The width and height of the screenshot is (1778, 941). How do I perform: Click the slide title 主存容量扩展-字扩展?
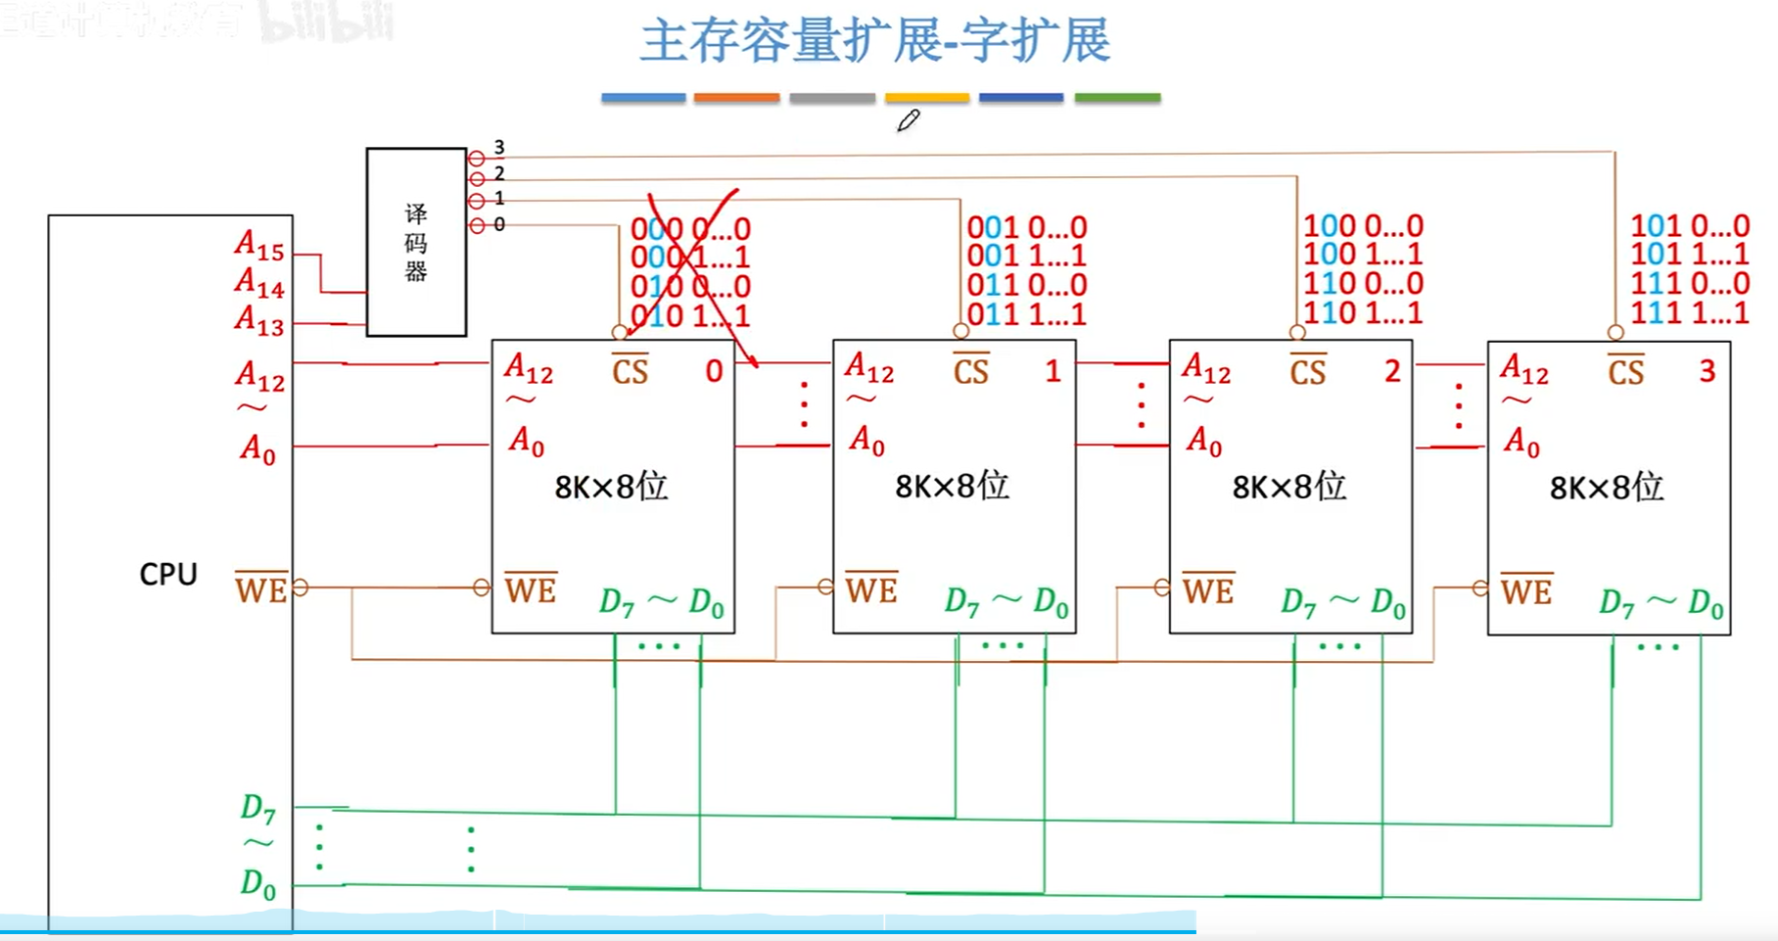(x=874, y=41)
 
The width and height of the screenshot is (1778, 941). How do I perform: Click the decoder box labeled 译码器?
(x=416, y=242)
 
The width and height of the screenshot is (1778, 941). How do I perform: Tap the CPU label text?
(x=168, y=574)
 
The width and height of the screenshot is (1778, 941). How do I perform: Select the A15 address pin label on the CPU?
(x=259, y=245)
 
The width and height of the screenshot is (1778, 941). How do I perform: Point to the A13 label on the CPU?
(x=259, y=320)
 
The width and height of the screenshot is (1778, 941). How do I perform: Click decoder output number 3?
(x=499, y=148)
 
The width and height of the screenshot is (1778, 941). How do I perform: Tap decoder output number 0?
(x=499, y=224)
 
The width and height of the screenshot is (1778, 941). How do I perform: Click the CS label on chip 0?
(x=631, y=370)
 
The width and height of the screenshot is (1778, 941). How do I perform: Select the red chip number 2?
(x=1392, y=371)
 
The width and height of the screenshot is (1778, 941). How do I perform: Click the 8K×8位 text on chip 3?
(x=1607, y=487)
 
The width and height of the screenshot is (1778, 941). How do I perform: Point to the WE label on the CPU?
(x=261, y=589)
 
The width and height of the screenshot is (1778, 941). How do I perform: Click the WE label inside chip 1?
(x=871, y=589)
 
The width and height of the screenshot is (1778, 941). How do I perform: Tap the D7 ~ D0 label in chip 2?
(x=1342, y=601)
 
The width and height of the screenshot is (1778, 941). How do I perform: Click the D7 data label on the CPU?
(x=258, y=808)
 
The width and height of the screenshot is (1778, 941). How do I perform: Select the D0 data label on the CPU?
(x=258, y=883)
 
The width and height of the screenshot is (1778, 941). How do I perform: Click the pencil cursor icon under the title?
(x=909, y=120)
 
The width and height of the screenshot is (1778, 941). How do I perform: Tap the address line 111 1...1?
(x=1689, y=312)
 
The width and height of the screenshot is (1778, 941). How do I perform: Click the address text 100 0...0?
(x=1363, y=226)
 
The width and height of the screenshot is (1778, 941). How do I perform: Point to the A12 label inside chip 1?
(x=869, y=368)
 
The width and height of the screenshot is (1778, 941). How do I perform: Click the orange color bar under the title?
(x=736, y=98)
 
